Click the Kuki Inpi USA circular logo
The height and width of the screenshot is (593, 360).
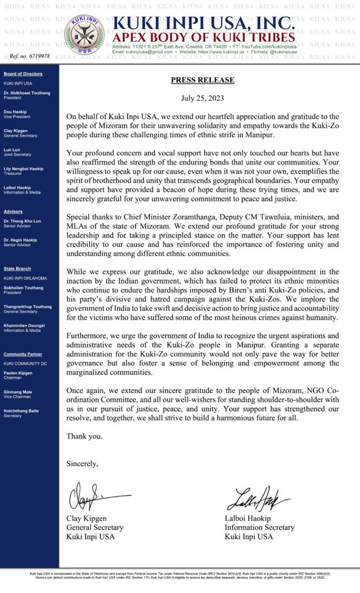[x=85, y=35]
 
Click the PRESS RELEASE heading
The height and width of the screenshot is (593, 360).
[x=202, y=80]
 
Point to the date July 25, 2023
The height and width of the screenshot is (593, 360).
[x=202, y=99]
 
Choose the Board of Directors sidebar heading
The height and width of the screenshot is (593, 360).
[x=23, y=74]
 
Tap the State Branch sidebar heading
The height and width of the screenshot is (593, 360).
[x=17, y=269]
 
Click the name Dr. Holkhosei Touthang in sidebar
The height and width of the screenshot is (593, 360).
[x=27, y=93]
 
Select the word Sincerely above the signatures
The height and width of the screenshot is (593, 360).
[x=82, y=463]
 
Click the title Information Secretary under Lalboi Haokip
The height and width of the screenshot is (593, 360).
[x=259, y=528]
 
